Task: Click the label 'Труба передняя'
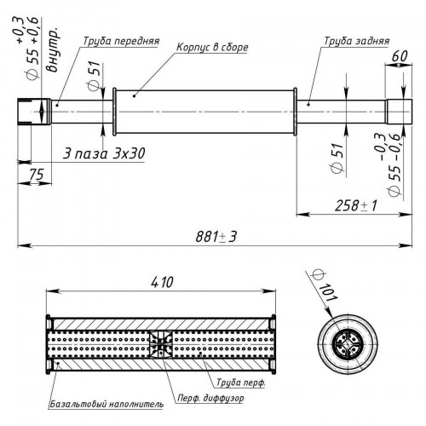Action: (121, 41)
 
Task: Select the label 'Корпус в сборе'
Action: (212, 47)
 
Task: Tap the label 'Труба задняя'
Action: (356, 41)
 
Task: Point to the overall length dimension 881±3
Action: (216, 237)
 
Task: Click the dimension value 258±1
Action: (356, 205)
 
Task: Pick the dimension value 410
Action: (162, 282)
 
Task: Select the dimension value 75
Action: (37, 174)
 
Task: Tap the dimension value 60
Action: (400, 56)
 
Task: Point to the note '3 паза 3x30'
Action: (104, 154)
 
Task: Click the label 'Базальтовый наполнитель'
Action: (106, 404)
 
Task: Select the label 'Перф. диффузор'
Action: (210, 398)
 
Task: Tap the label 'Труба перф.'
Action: (241, 383)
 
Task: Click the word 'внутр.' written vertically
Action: (53, 50)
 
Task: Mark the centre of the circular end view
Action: (346, 344)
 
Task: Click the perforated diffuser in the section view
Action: (161, 344)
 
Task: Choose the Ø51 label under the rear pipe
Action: (338, 158)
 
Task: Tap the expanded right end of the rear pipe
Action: (399, 112)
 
